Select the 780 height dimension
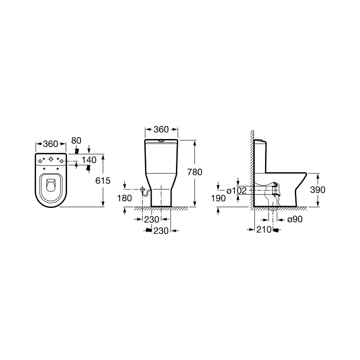(195, 172)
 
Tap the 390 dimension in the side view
(318, 190)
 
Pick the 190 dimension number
(217, 198)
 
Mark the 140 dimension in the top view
(89, 160)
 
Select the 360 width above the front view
(161, 130)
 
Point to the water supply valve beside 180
(144, 190)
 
